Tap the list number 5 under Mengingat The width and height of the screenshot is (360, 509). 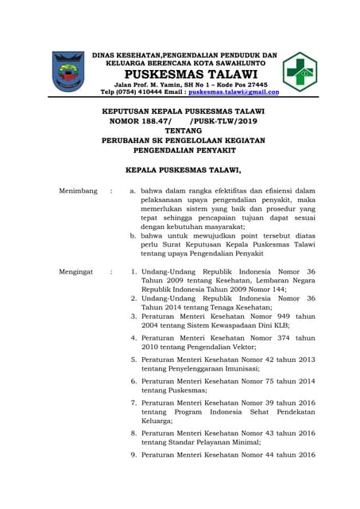point(134,359)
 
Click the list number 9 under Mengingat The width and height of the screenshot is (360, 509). point(134,455)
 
